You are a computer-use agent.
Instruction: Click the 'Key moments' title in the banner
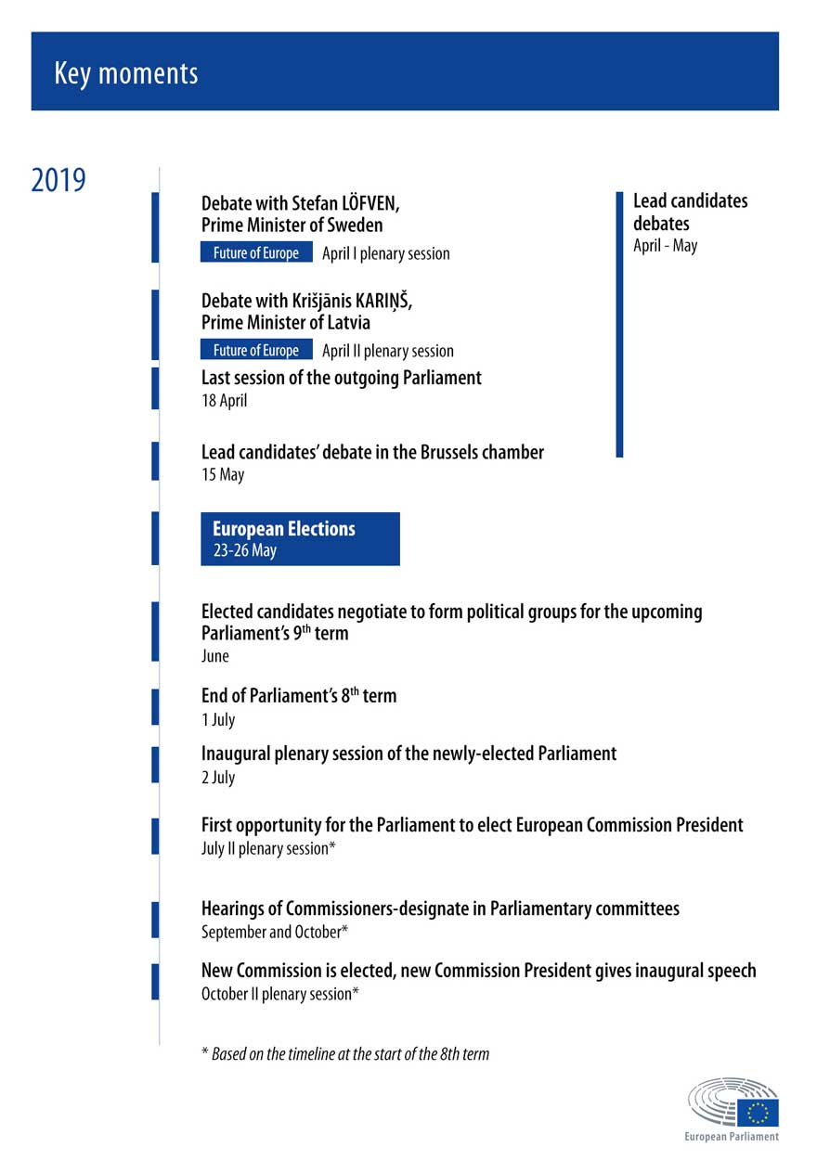126,73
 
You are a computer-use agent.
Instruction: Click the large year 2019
58,180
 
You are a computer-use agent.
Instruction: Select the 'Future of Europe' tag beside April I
256,253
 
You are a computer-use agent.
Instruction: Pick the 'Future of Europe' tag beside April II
256,350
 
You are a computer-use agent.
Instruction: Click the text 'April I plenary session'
386,253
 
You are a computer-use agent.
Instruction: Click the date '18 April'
225,401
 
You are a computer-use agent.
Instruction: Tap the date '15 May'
223,475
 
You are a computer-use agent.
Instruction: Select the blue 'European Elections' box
300,539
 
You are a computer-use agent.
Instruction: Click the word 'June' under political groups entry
214,656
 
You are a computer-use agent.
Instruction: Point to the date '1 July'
218,719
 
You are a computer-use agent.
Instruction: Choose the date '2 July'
218,777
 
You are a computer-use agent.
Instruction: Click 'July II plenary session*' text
268,848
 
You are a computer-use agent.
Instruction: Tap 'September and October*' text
275,932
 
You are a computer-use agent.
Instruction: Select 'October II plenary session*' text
280,994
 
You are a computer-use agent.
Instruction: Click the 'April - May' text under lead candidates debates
665,246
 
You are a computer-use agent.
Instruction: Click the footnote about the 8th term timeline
345,1053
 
